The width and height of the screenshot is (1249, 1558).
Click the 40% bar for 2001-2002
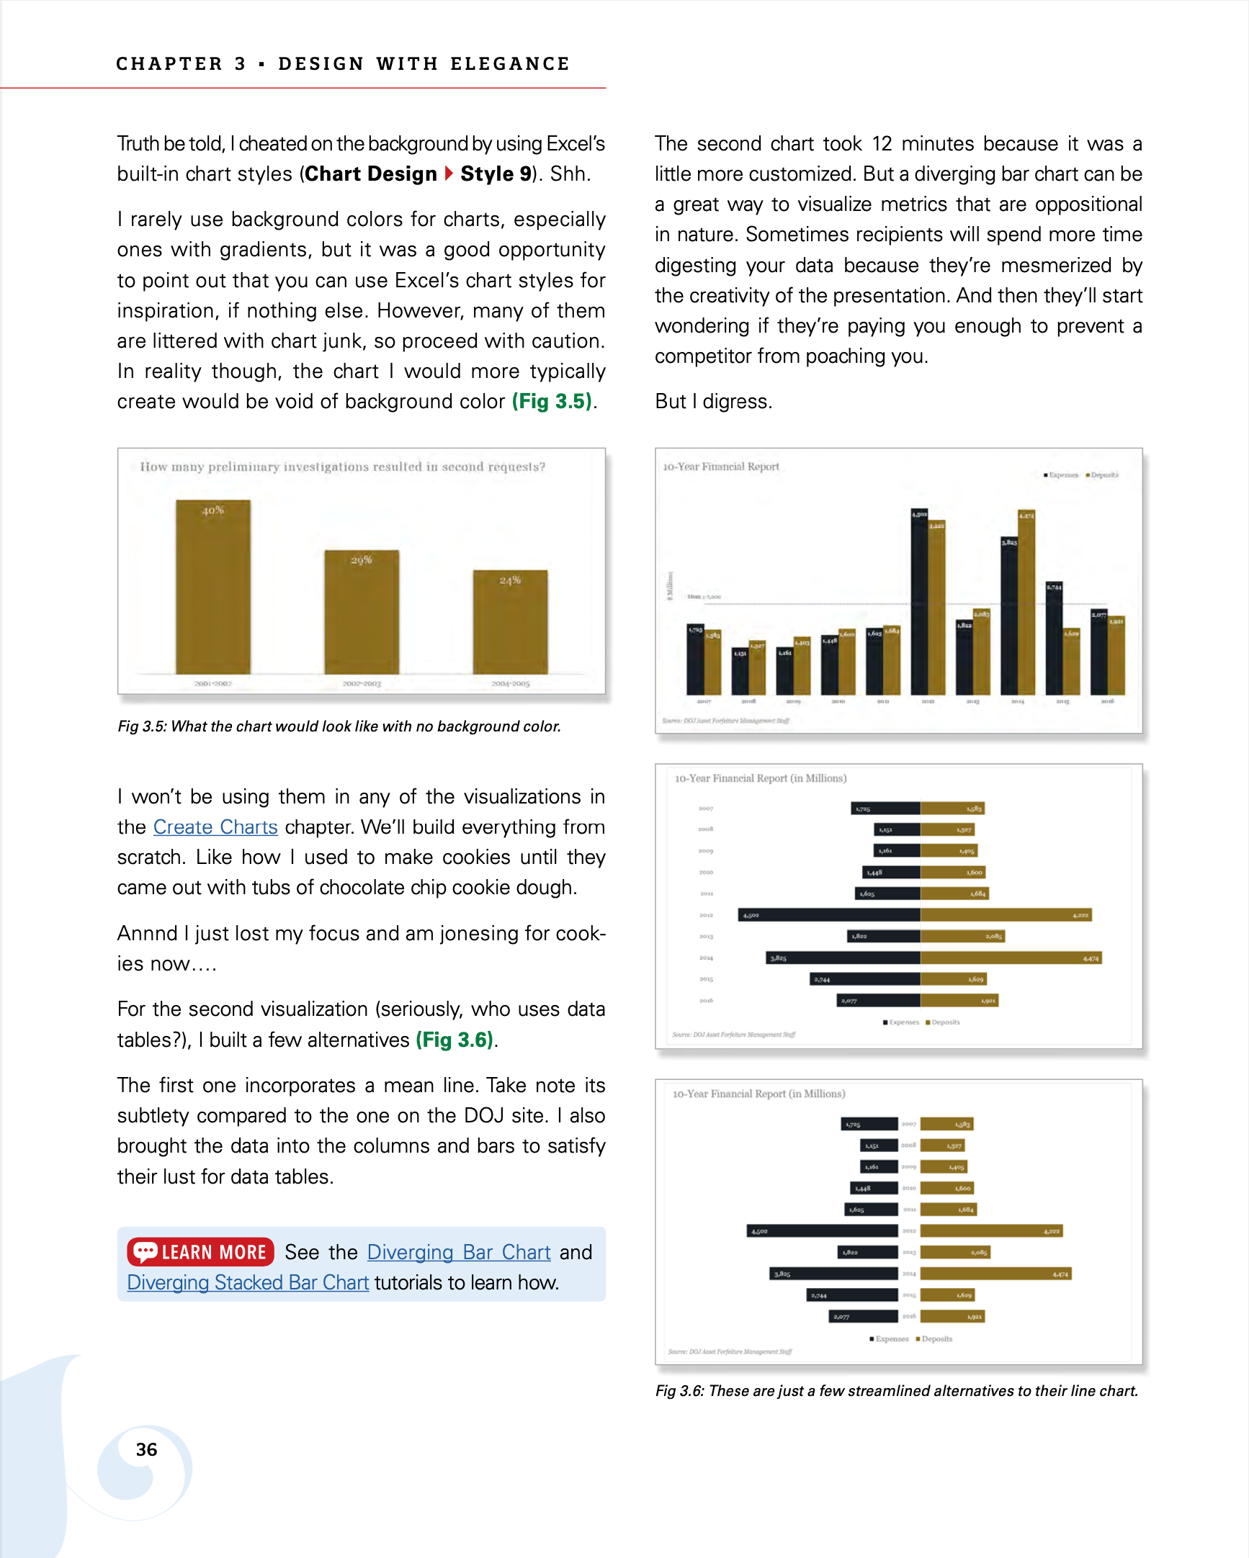(213, 587)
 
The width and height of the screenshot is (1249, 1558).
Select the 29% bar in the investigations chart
(362, 613)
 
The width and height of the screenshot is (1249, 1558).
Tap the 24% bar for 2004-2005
(510, 622)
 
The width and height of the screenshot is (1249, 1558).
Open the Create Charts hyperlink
(215, 827)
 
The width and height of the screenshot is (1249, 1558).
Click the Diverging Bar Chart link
(459, 1252)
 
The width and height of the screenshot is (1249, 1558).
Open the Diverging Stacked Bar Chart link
(248, 1283)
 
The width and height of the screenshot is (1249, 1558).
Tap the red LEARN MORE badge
(200, 1252)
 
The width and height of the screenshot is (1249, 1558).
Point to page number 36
(146, 1449)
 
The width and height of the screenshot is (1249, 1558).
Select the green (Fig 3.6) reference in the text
(455, 1040)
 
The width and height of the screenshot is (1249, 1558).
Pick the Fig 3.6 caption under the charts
(896, 1391)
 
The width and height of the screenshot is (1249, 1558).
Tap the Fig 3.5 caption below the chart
(339, 726)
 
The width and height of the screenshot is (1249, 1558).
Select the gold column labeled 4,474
(1026, 603)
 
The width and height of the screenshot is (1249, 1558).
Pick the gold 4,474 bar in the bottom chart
(995, 1274)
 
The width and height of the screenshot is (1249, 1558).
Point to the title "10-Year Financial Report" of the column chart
(721, 467)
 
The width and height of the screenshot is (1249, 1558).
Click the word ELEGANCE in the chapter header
(510, 64)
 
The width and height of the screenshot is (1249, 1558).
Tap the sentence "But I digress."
(713, 401)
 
